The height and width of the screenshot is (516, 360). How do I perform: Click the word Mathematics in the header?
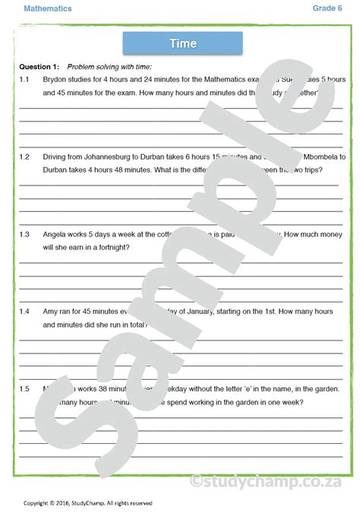click(x=48, y=9)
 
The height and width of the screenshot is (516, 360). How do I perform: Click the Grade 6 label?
click(x=327, y=8)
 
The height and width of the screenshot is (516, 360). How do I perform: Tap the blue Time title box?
click(x=182, y=43)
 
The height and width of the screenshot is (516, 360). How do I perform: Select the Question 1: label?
click(x=39, y=66)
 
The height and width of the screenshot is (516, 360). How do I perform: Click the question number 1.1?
click(x=24, y=79)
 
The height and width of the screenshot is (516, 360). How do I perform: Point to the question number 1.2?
click(x=24, y=157)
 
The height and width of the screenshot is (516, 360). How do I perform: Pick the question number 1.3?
click(x=24, y=234)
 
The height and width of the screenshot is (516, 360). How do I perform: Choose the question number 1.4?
click(x=24, y=312)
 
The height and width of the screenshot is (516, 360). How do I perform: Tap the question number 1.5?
click(x=24, y=389)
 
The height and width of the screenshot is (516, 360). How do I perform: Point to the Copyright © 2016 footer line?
click(x=87, y=502)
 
